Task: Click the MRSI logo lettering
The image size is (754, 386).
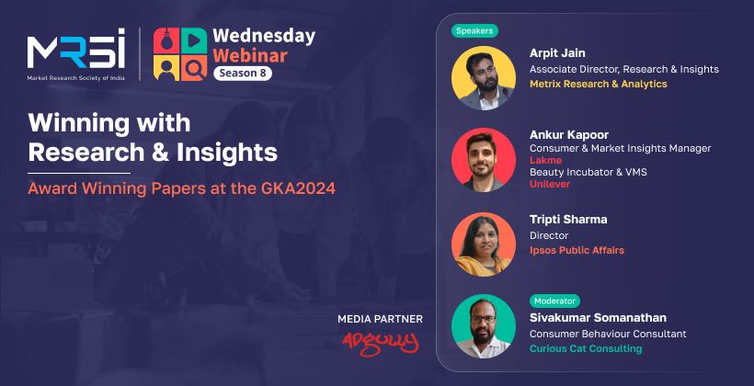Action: click(76, 48)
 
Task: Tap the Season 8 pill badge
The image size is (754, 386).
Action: click(243, 74)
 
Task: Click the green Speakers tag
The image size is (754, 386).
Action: click(474, 31)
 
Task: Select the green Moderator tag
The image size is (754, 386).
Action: click(554, 301)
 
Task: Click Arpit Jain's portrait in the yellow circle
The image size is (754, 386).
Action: click(484, 78)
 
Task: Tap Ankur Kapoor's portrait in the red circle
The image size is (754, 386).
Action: click(484, 160)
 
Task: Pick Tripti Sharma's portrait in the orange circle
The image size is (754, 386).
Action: click(484, 244)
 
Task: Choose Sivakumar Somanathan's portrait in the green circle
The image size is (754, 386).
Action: click(484, 326)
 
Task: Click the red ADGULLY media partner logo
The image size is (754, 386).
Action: click(380, 343)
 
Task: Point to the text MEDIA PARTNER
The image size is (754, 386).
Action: click(380, 319)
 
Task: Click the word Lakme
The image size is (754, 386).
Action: click(545, 160)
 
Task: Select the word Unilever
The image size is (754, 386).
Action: click(550, 184)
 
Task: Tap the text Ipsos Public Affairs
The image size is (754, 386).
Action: click(577, 251)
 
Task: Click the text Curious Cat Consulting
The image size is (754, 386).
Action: click(586, 348)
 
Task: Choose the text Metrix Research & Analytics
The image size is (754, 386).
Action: click(599, 85)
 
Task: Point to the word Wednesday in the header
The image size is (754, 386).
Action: click(264, 37)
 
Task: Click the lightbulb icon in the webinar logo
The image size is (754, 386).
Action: click(166, 40)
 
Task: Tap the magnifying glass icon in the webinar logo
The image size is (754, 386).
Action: click(194, 69)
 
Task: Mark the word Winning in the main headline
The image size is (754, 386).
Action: click(74, 123)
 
